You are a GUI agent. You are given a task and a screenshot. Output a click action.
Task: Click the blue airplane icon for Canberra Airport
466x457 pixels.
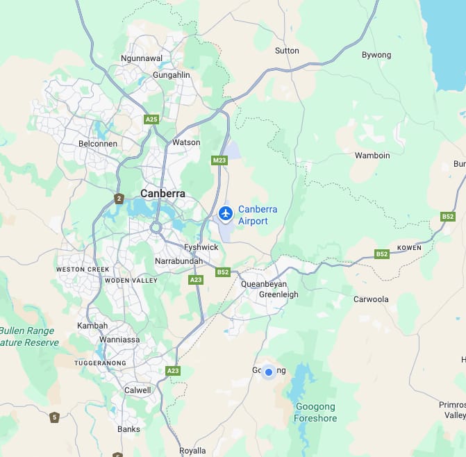tap(225, 213)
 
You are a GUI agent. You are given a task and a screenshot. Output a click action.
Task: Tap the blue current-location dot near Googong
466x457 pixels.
tap(269, 372)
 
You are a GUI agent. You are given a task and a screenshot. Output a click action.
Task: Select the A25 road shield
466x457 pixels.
tap(151, 119)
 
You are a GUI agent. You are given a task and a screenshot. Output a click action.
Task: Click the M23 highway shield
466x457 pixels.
tap(219, 160)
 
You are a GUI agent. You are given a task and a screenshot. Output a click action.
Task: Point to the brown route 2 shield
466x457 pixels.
tap(119, 199)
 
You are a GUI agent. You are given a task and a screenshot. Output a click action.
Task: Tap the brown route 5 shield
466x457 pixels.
tap(54, 417)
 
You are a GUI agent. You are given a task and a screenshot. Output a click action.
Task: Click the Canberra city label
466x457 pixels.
tap(163, 193)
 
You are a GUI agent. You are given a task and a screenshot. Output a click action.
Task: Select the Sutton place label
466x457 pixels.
tap(287, 51)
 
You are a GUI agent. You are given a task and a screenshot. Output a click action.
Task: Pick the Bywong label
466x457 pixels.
tap(376, 55)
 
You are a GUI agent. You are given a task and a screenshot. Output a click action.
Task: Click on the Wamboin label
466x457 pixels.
tap(372, 156)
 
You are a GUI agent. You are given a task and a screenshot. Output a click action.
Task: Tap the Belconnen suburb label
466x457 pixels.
tap(98, 144)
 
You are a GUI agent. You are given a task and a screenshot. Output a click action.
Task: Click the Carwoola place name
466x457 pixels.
tap(371, 299)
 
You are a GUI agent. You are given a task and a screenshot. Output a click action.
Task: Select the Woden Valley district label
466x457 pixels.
tap(131, 281)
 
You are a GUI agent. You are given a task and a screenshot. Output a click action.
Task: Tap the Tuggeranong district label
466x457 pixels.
tap(101, 363)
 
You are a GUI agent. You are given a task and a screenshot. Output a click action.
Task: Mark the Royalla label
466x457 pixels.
tap(192, 451)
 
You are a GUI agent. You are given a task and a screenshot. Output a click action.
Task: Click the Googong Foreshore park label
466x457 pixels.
tap(315, 413)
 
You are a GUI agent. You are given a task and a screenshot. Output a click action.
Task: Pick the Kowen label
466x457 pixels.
tap(409, 248)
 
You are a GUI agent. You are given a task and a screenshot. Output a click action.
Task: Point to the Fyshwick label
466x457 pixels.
tap(201, 247)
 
